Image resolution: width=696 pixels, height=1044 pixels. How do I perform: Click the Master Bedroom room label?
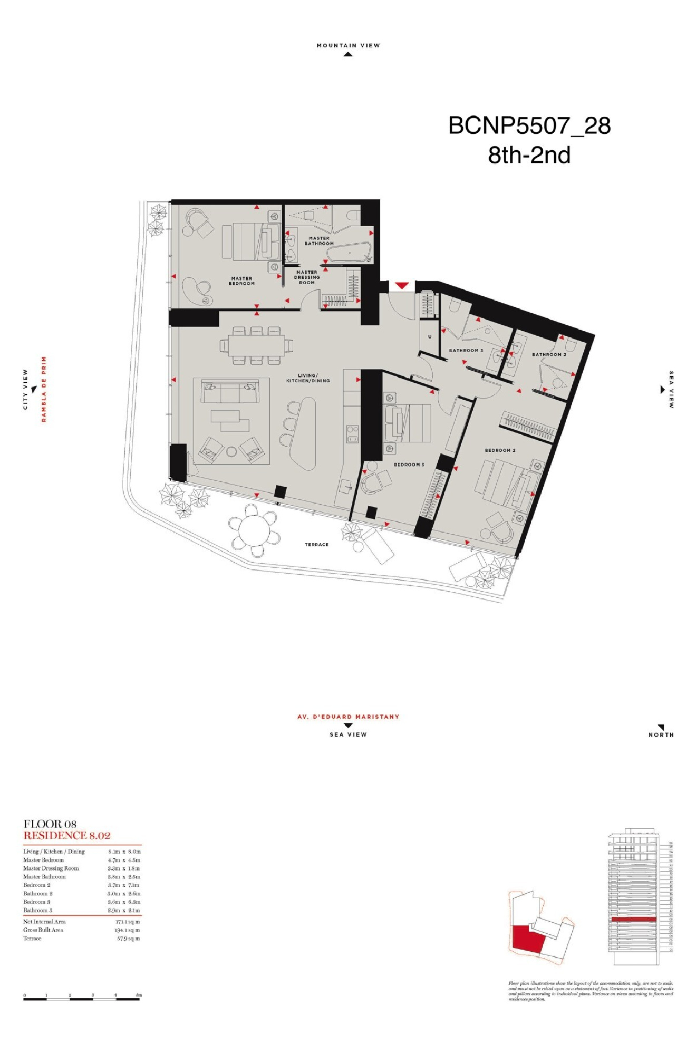coord(241,281)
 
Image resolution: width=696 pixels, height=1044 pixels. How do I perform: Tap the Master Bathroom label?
coord(319,241)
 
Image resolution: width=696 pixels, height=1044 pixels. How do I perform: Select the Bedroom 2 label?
coord(500,450)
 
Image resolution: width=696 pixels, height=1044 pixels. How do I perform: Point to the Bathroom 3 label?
coord(466,350)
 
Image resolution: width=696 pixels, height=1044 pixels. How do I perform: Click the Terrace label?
coord(316,544)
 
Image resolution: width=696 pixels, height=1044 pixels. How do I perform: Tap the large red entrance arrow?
coord(402,286)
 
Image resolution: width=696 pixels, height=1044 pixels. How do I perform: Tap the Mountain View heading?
coord(348,46)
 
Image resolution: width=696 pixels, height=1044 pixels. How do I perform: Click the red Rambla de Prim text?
coord(44,389)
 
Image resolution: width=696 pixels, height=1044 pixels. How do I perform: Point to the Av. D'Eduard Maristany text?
coord(348,717)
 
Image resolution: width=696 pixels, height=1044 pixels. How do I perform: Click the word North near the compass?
coord(661,734)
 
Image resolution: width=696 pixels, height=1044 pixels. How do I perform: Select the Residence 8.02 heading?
coord(67,835)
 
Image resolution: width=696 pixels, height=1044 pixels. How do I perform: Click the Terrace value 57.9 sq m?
coord(128,939)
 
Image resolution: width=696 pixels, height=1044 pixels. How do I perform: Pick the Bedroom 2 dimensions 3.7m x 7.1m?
coord(124,885)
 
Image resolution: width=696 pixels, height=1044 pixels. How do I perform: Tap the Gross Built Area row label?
coord(43,930)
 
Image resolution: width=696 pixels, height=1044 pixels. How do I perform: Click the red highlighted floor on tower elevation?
coord(633,919)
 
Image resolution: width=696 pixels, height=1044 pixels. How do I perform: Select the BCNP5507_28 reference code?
coord(529,125)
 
